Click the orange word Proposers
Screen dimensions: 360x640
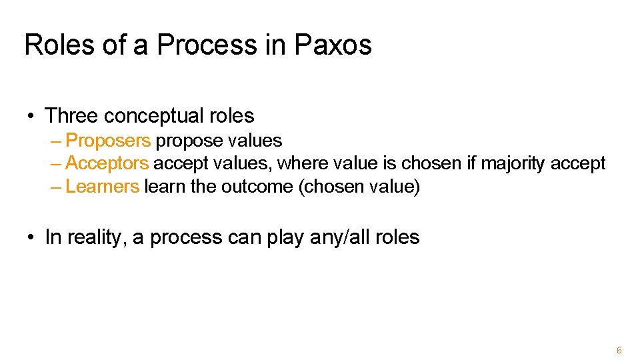[x=109, y=141]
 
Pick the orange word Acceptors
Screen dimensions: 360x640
[x=107, y=163]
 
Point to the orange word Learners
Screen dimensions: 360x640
[x=103, y=186]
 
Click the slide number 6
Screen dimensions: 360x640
[x=619, y=350]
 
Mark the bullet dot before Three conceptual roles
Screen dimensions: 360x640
[x=31, y=117]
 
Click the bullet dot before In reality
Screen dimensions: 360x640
[x=31, y=238]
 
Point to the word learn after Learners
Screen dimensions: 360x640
[x=164, y=186]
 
